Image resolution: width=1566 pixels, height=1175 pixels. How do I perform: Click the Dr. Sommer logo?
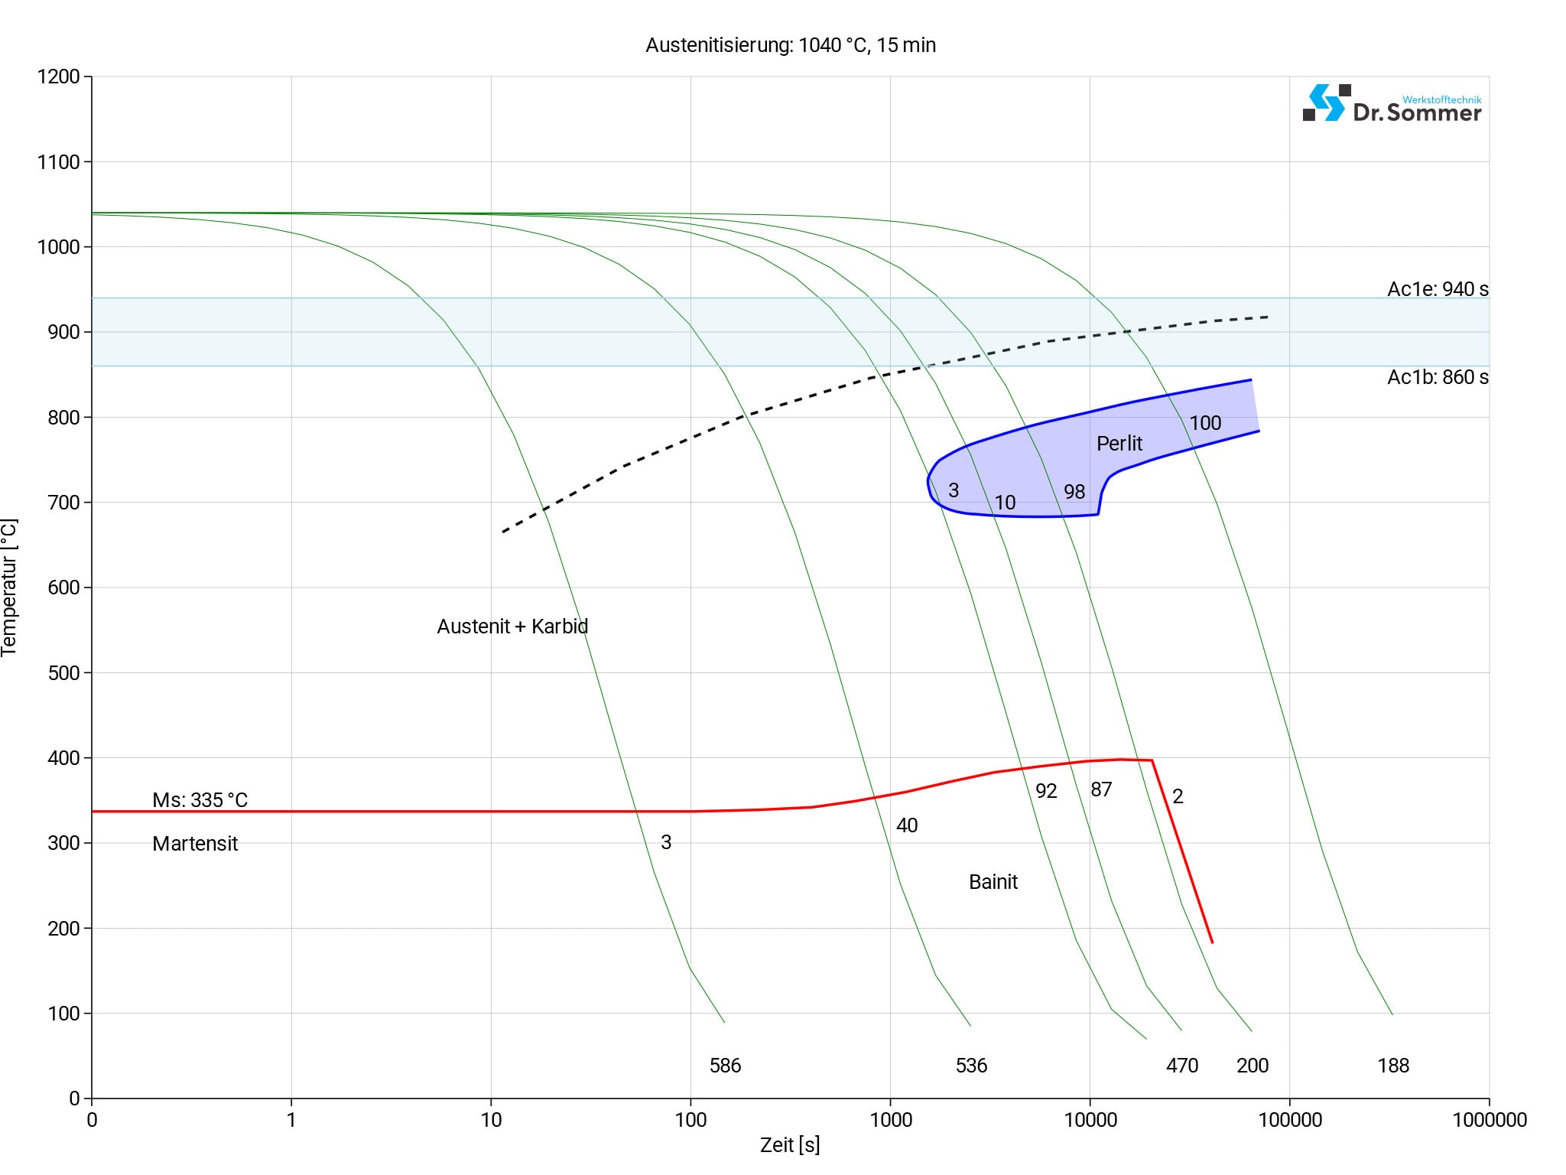[x=1391, y=105]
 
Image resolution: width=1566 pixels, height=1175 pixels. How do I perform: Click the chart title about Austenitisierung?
[x=790, y=45]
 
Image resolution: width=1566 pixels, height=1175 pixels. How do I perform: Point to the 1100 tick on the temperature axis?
[x=58, y=162]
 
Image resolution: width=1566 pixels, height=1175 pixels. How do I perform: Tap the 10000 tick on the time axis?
[x=1090, y=1121]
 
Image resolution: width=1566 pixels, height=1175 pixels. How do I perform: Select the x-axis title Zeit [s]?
[x=790, y=1145]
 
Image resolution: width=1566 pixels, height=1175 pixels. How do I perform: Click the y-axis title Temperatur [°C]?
[x=9, y=587]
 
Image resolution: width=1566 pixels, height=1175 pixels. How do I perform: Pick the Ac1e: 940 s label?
[x=1438, y=289]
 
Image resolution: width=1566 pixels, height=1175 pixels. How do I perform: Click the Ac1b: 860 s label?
[x=1438, y=377]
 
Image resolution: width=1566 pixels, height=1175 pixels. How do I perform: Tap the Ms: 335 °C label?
[x=200, y=800]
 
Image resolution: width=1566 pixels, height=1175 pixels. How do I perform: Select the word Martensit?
[x=195, y=844]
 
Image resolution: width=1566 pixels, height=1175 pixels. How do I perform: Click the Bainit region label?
[x=993, y=882]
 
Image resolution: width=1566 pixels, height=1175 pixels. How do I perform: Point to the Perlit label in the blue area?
[x=1119, y=444]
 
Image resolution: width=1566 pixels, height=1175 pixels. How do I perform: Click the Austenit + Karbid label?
[x=512, y=627]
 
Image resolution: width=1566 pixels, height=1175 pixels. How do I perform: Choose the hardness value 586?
[x=725, y=1066]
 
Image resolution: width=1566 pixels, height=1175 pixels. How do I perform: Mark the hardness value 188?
[x=1392, y=1066]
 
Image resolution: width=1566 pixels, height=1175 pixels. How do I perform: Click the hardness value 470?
[x=1181, y=1066]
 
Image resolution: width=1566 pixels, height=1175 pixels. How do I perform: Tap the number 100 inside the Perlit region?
[x=1205, y=423]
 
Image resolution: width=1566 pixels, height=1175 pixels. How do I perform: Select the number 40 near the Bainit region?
[x=906, y=825]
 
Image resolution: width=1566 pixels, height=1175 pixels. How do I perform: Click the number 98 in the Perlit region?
[x=1074, y=492]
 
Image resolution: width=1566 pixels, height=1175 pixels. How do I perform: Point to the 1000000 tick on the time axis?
[x=1489, y=1121]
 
